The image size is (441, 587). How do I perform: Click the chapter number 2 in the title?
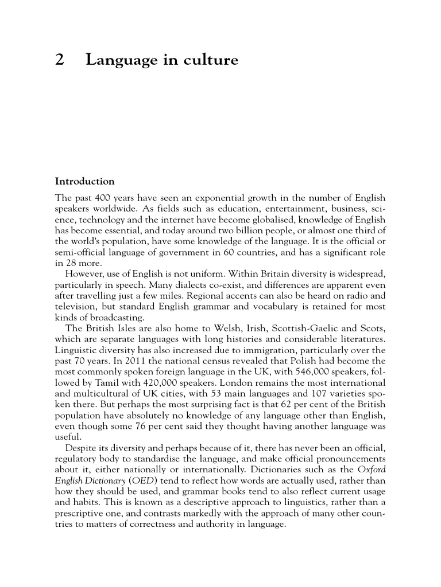coord(59,60)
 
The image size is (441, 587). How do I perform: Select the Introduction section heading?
coord(84,182)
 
